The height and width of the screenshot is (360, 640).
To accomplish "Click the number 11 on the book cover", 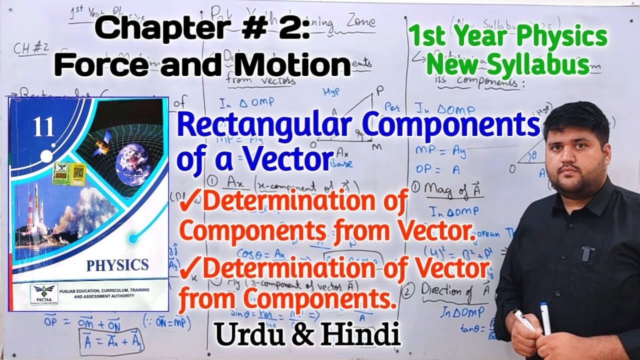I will (43, 128).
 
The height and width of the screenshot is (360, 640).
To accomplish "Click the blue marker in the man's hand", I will (545, 318).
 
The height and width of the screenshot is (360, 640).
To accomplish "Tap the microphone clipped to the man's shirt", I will (588, 253).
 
